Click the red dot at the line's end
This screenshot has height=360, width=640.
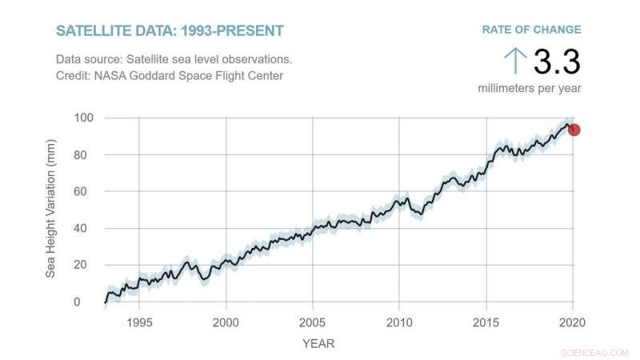(574, 130)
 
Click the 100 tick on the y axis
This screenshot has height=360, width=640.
(84, 118)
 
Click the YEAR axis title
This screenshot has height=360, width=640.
(318, 344)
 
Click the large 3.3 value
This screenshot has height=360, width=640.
(556, 62)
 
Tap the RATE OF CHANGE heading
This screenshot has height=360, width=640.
(531, 30)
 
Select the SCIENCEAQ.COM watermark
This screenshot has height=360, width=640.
(595, 352)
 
